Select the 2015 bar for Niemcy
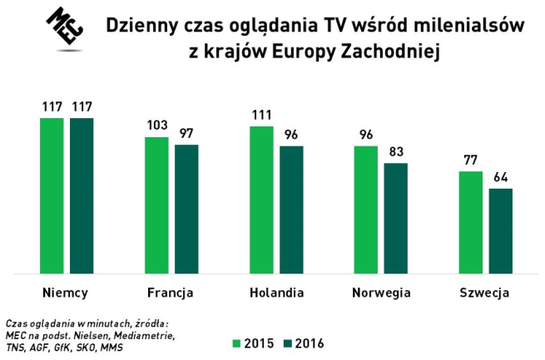pyautogui.click(x=52, y=195)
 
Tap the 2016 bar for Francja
pyautogui.click(x=186, y=209)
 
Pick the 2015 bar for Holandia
pyautogui.click(x=260, y=200)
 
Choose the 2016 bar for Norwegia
pyautogui.click(x=395, y=218)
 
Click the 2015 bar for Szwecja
pyautogui.click(x=470, y=222)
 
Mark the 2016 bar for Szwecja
pyautogui.click(x=500, y=230)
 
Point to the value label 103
pyautogui.click(x=156, y=126)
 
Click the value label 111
pyautogui.click(x=260, y=115)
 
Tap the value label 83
pyautogui.click(x=395, y=151)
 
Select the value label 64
pyautogui.click(x=500, y=177)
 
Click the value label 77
pyautogui.click(x=470, y=160)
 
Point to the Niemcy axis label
pyautogui.click(x=66, y=293)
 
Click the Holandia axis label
pyautogui.click(x=276, y=293)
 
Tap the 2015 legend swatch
pyautogui.click(x=235, y=342)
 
